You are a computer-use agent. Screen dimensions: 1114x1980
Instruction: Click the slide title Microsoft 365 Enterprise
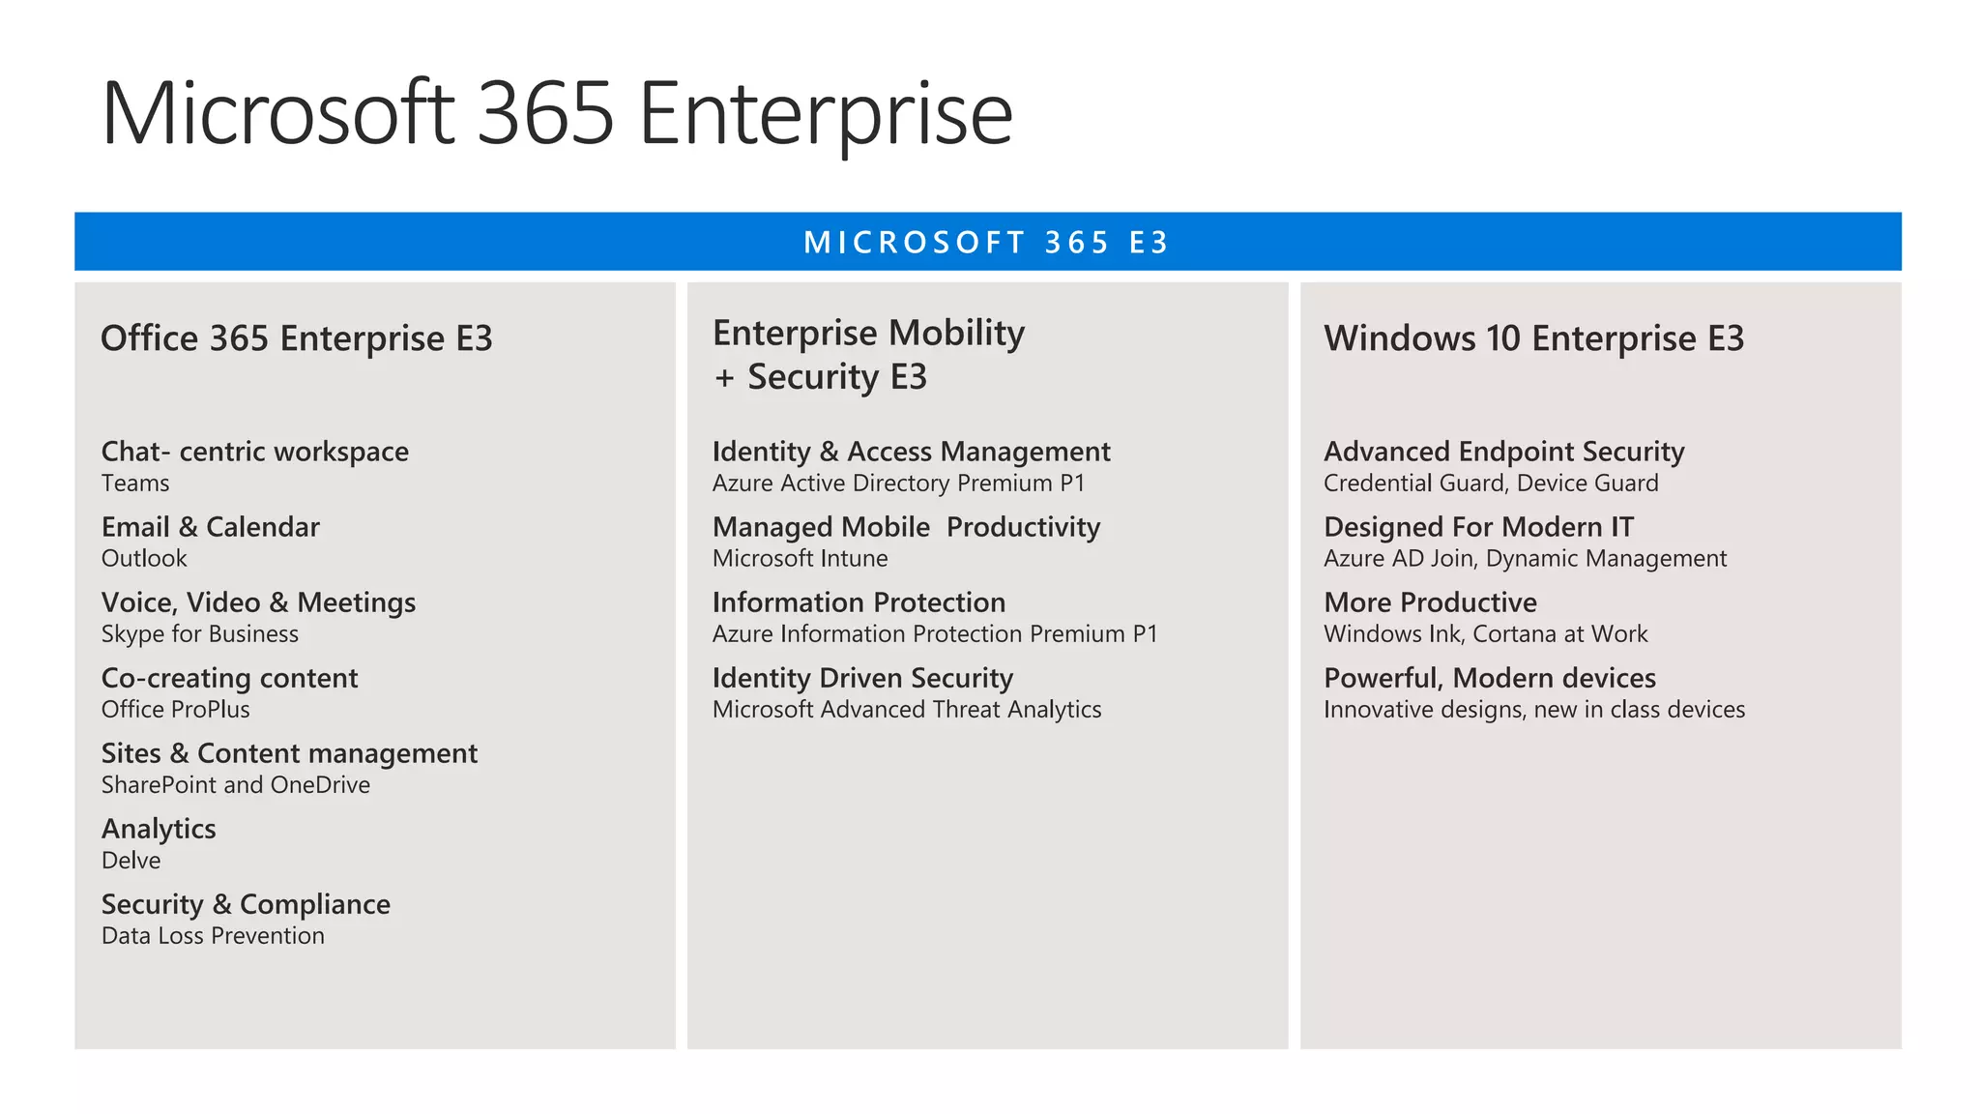[556, 114]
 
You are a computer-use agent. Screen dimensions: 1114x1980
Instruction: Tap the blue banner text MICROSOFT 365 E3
[986, 242]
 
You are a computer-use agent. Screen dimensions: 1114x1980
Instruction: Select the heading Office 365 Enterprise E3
[296, 338]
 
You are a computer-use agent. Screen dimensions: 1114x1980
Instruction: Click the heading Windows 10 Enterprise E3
[1533, 338]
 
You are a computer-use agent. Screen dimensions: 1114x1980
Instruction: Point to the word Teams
[135, 484]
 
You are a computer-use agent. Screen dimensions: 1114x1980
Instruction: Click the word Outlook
[144, 559]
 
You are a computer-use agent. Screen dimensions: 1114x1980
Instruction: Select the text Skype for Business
[199, 634]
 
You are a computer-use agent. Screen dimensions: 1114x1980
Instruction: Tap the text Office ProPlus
[175, 710]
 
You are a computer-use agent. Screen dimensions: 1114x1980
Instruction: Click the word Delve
[131, 861]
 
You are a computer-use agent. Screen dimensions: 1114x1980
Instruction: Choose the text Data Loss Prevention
[213, 936]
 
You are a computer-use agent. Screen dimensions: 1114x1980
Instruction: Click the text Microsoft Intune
[800, 559]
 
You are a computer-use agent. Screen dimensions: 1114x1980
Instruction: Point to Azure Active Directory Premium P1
[898, 484]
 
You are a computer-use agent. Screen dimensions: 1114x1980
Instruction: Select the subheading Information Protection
[859, 602]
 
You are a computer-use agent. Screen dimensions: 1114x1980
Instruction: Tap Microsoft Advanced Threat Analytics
[906, 710]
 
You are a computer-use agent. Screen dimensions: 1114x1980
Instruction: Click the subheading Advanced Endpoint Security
[1503, 452]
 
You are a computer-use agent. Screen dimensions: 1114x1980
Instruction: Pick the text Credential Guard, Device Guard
[1490, 484]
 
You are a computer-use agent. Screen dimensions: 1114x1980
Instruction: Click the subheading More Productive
[1430, 602]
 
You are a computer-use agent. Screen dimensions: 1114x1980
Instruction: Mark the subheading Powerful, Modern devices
[1489, 678]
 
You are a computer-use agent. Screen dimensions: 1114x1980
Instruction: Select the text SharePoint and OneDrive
[235, 785]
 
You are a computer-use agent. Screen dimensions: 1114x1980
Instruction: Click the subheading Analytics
[159, 829]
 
